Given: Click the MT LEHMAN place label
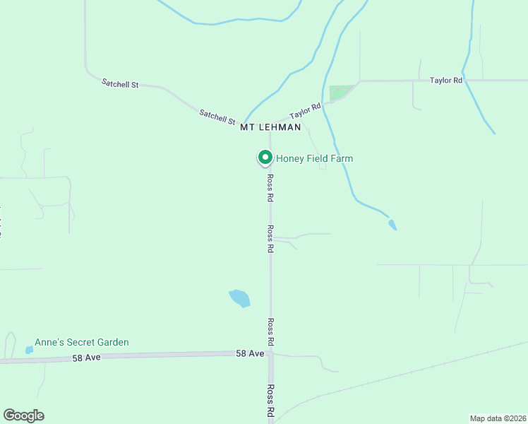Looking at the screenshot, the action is tap(270, 128).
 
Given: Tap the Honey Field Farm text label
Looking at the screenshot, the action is tap(314, 158).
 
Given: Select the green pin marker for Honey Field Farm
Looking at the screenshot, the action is tap(265, 158).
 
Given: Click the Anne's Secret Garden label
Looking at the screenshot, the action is tap(83, 343).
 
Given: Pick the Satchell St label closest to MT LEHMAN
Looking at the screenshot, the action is tap(217, 116).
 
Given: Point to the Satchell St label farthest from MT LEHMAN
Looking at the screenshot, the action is tap(120, 83).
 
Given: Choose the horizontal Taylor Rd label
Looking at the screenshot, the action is tap(446, 81).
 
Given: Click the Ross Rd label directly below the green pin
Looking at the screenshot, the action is tap(270, 189).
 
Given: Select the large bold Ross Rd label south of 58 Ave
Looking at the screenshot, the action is tap(270, 402).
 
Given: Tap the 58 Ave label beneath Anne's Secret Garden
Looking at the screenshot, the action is tap(87, 358).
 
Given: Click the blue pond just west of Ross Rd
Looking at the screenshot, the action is tap(239, 298).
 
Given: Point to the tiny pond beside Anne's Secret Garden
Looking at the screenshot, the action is tap(29, 349).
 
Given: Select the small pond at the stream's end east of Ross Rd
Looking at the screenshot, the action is tap(392, 225).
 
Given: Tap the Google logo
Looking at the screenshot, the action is tap(23, 416).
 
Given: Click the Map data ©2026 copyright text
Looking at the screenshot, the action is tap(498, 418).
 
